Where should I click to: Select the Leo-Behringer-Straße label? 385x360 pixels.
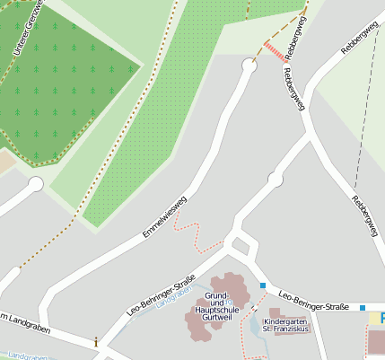click(x=162, y=295)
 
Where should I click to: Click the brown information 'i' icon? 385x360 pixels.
click(x=96, y=341)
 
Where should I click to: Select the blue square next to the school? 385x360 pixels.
click(x=263, y=285)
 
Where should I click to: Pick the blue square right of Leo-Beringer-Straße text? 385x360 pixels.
click(x=363, y=308)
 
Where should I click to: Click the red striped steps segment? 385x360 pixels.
click(x=274, y=51)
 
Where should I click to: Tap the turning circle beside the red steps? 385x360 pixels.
click(x=249, y=64)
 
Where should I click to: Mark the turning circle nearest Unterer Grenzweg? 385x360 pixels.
click(x=36, y=184)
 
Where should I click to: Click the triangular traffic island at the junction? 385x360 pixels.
click(x=240, y=245)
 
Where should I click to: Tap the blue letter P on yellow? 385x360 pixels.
click(x=380, y=317)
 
